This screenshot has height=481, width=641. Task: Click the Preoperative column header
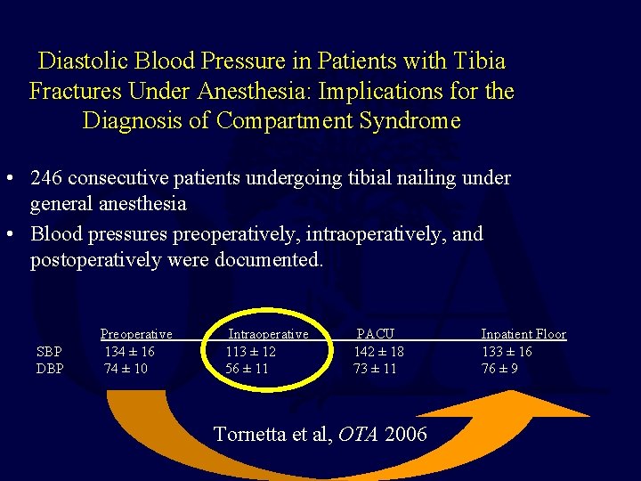click(x=136, y=334)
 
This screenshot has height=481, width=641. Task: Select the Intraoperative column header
click(x=269, y=334)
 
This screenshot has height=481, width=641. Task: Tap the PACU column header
click(x=376, y=334)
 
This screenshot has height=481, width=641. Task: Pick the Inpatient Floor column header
click(x=523, y=334)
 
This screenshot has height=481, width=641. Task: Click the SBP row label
click(x=50, y=352)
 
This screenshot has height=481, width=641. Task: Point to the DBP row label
click(x=50, y=369)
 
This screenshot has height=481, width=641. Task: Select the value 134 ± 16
click(x=129, y=352)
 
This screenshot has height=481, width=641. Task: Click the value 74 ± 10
click(x=126, y=369)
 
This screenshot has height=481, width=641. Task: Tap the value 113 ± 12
click(x=250, y=352)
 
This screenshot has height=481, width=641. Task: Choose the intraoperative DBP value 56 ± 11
click(x=247, y=369)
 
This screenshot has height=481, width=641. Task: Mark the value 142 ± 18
click(x=378, y=352)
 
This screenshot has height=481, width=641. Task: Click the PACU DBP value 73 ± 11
click(x=375, y=369)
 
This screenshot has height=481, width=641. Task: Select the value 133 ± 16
click(x=507, y=352)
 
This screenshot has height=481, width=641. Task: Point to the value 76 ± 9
click(x=499, y=369)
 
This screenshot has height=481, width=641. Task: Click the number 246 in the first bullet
click(x=47, y=178)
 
